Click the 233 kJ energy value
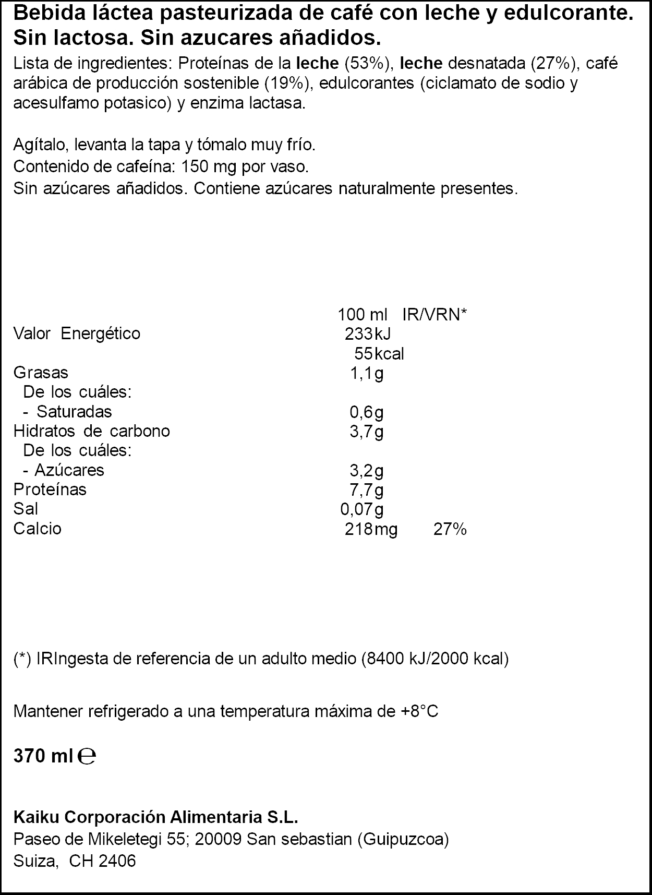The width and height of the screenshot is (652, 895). tap(368, 334)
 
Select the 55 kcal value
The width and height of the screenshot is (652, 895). tap(379, 354)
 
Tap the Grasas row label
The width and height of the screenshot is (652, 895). tap(41, 373)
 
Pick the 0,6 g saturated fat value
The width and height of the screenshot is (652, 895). tap(366, 412)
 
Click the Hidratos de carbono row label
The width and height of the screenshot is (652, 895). tap(91, 431)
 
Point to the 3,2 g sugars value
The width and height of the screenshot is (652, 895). tap(366, 471)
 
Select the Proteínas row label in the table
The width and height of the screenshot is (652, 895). tap(50, 490)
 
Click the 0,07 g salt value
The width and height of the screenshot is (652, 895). tap(361, 509)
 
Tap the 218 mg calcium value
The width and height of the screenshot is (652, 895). tap(371, 529)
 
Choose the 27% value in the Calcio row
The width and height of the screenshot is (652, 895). tap(450, 529)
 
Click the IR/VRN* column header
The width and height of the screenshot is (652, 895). tap(434, 315)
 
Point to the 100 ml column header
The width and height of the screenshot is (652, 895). tap(363, 315)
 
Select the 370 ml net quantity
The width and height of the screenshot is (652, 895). tap(42, 756)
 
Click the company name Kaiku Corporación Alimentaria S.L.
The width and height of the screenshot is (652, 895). tap(155, 817)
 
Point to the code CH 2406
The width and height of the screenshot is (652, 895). tap(102, 861)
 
